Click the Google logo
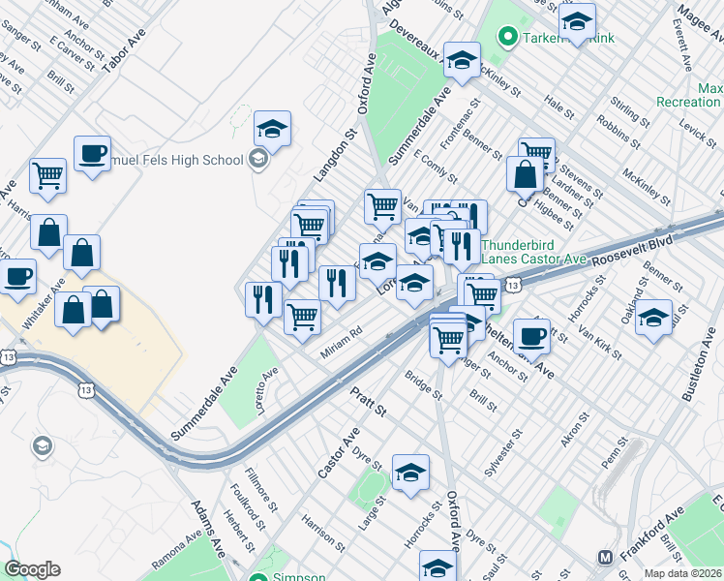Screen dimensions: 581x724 [x=32, y=569]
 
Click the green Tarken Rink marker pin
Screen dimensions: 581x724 [x=505, y=38]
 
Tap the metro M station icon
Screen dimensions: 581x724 [x=606, y=557]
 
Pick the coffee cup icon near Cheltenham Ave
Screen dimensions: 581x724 [x=530, y=335]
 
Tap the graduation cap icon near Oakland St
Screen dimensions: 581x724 [x=654, y=318]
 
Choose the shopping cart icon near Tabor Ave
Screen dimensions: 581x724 [x=46, y=175]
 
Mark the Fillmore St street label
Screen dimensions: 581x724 [x=242, y=494]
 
